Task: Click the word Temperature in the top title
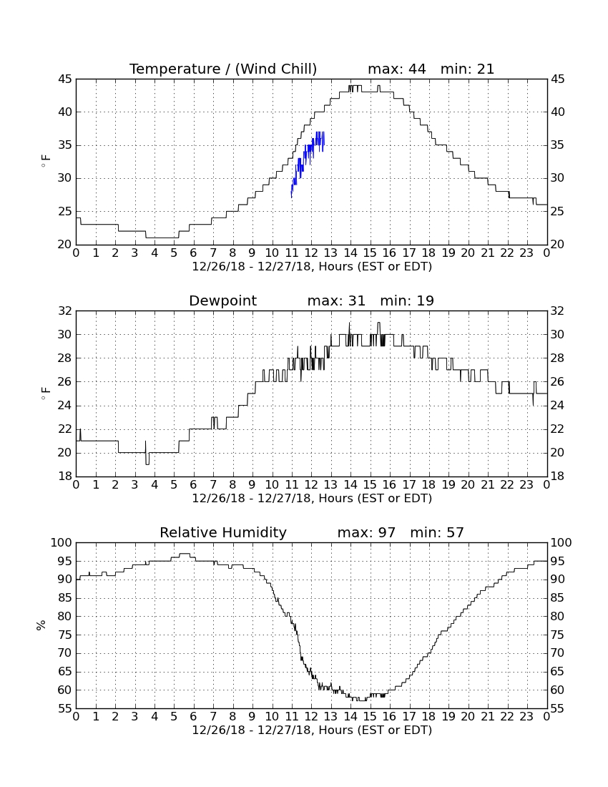pyautogui.click(x=175, y=69)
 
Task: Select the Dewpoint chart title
pyautogui.click(x=222, y=300)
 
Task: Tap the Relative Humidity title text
pyautogui.click(x=222, y=532)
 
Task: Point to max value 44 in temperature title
pyautogui.click(x=417, y=69)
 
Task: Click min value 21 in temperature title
pyautogui.click(x=486, y=69)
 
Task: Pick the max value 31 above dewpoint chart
pyautogui.click(x=357, y=300)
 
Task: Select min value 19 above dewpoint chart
pyautogui.click(x=426, y=300)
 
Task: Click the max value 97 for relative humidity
pyautogui.click(x=387, y=532)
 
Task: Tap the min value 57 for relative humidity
pyautogui.click(x=455, y=532)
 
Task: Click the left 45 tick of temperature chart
pyautogui.click(x=65, y=79)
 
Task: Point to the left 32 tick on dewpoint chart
pyautogui.click(x=65, y=311)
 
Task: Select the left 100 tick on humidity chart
pyautogui.click(x=62, y=543)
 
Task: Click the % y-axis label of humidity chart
pyautogui.click(x=41, y=625)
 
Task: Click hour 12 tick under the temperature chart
pyautogui.click(x=311, y=253)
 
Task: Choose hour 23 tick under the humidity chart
pyautogui.click(x=526, y=717)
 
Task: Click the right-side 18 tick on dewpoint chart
pyautogui.click(x=558, y=476)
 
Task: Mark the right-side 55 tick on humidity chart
pyautogui.click(x=558, y=708)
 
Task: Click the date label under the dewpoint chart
pyautogui.click(x=312, y=499)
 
